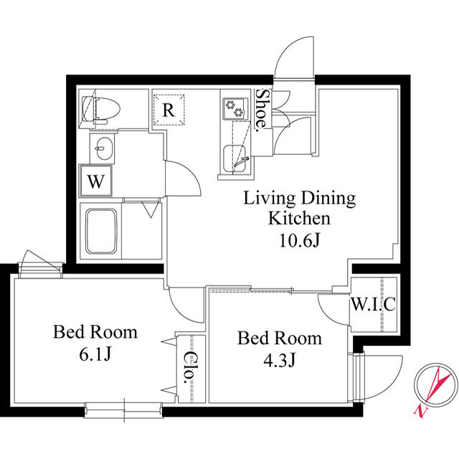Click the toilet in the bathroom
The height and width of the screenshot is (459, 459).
click(x=101, y=110)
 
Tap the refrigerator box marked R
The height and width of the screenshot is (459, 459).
click(x=169, y=110)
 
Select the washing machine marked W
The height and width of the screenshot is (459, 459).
click(x=96, y=181)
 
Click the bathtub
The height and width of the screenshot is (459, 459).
click(x=101, y=231)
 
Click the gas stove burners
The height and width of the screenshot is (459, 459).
click(x=235, y=108)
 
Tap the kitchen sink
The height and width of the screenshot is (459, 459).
click(x=235, y=159)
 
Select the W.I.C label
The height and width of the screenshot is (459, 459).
click(x=374, y=304)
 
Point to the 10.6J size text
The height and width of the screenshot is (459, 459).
click(x=299, y=241)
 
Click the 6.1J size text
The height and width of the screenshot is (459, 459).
click(x=95, y=355)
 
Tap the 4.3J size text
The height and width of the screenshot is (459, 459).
click(x=280, y=360)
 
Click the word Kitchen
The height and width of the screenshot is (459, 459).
click(x=299, y=218)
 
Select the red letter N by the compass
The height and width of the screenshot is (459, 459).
click(x=421, y=411)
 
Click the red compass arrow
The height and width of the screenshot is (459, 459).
click(x=437, y=384)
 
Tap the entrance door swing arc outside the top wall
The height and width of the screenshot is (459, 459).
click(x=289, y=49)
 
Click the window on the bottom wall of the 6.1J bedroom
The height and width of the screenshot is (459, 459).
click(x=123, y=410)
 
